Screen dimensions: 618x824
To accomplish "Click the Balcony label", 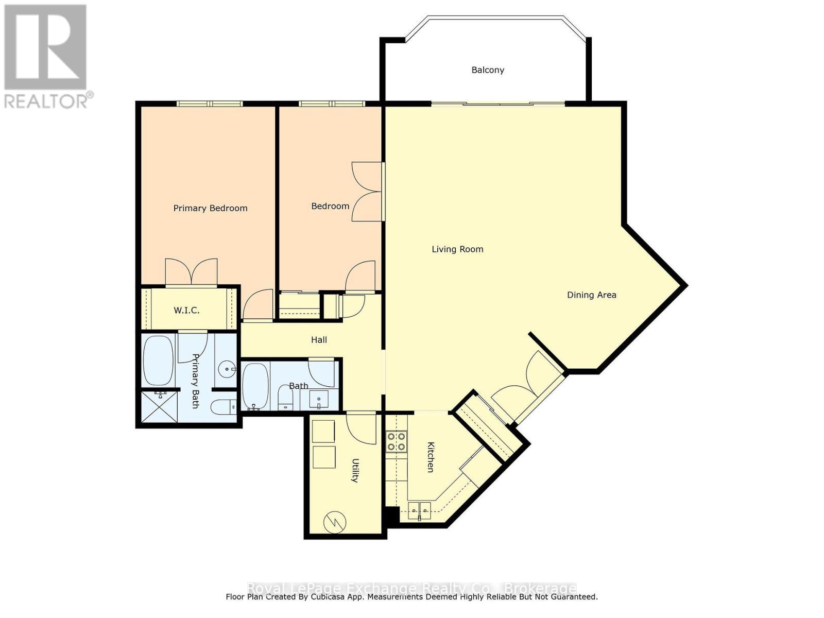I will tap(488, 70).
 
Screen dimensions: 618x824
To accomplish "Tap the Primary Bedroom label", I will tap(210, 208).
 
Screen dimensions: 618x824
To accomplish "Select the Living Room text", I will tap(457, 249).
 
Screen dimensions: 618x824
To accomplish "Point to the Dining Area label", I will tap(591, 295).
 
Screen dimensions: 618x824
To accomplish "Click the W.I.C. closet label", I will tap(186, 311).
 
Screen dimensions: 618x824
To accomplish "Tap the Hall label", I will tap(319, 340).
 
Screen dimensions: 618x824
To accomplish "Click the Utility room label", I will tap(355, 470).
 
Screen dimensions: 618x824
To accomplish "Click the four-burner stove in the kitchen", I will tap(397, 441).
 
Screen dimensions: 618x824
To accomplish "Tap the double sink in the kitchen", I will tap(419, 511).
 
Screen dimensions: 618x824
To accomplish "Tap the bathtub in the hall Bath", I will tap(255, 387).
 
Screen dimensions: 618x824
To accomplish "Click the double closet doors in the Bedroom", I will tap(367, 192).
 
